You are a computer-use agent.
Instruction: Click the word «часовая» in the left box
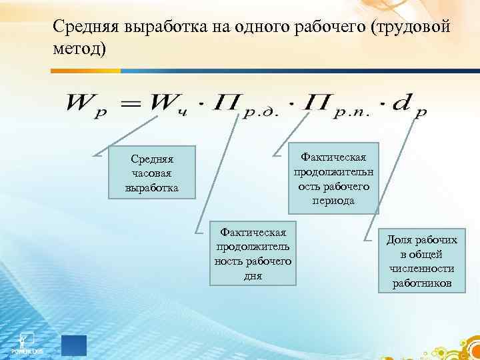tap(152, 173)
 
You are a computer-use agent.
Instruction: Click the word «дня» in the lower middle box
tap(253, 275)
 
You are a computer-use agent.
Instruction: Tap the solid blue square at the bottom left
tap(74, 345)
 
